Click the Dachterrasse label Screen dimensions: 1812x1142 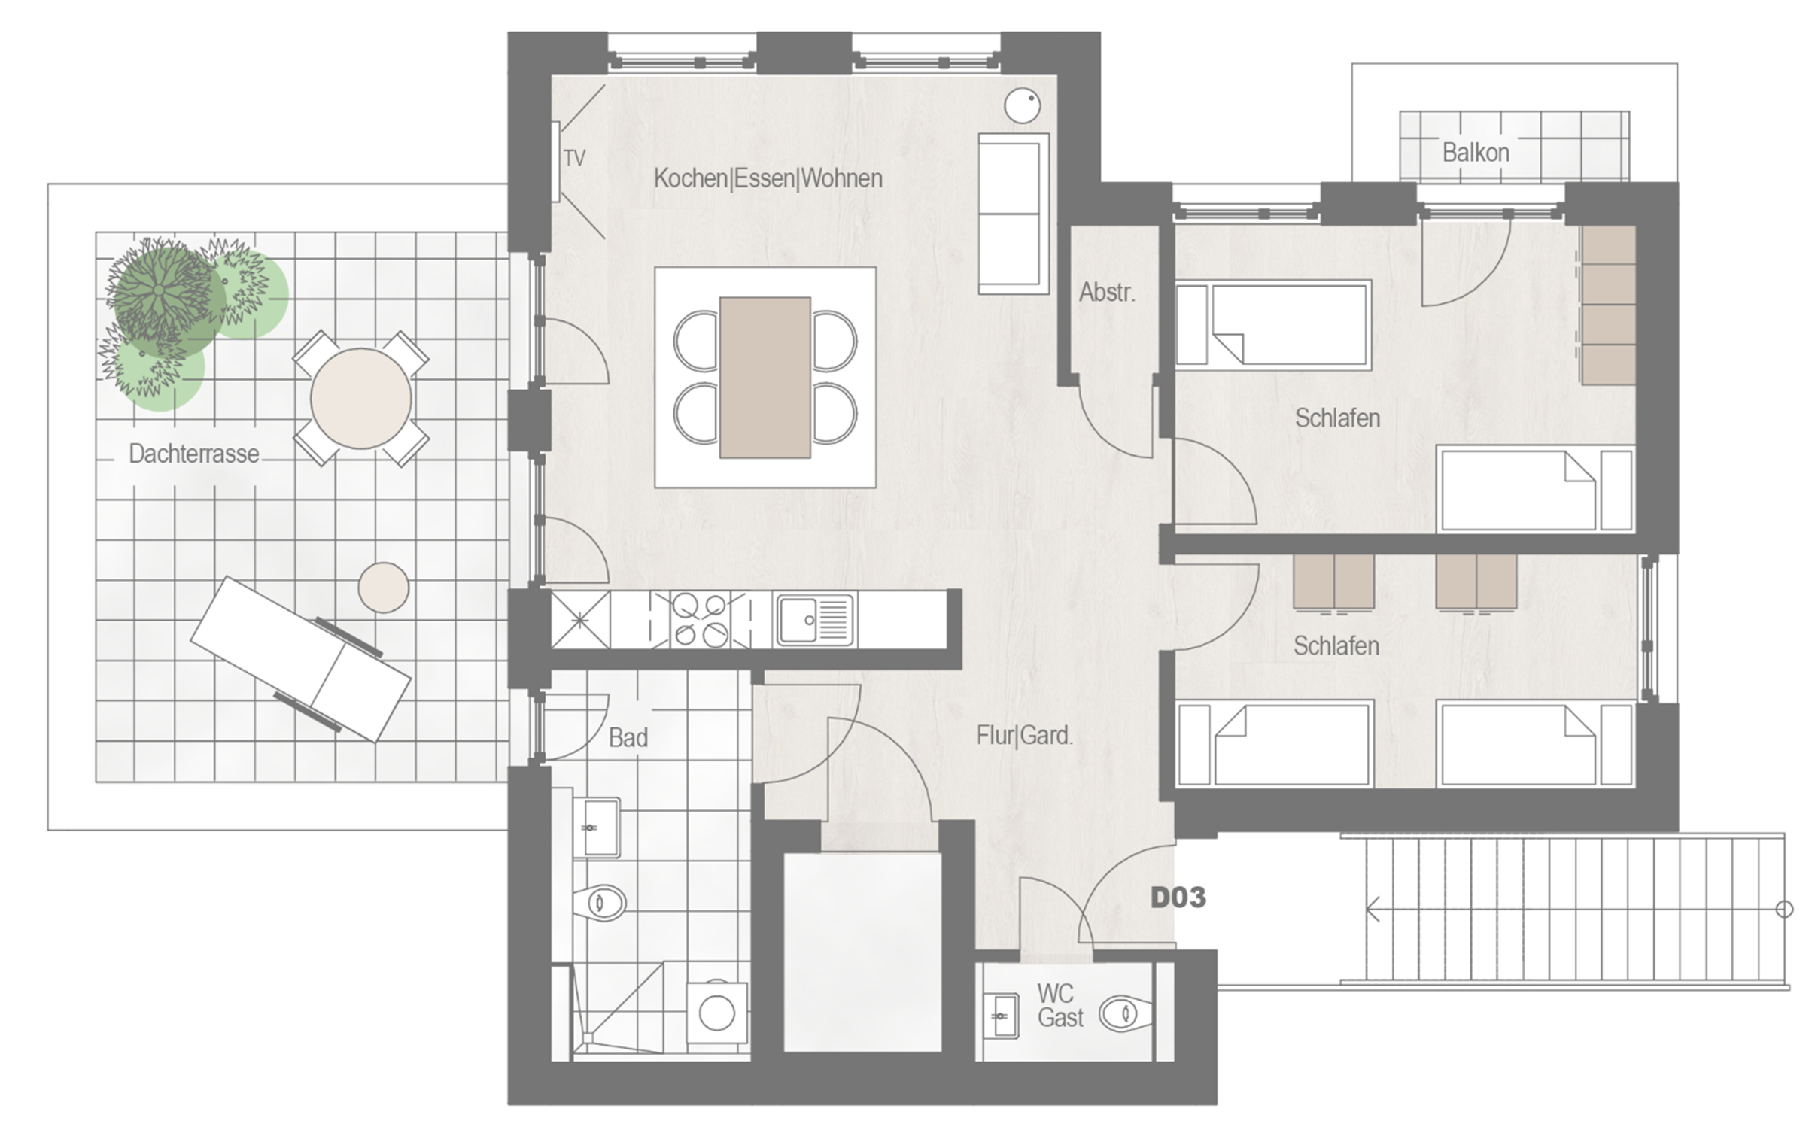194,454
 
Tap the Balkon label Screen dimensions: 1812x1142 1476,153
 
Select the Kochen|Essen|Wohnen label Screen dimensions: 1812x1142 768,178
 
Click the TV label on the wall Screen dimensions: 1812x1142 574,158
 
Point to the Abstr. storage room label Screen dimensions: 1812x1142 1107,292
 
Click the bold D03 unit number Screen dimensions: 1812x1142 1178,898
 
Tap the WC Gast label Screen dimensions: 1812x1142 1060,1005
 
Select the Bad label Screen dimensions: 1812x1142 628,737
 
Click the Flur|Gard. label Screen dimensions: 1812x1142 1024,735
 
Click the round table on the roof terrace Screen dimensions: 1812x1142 361,398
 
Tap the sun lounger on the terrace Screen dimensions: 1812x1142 300,659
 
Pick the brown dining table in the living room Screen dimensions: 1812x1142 765,377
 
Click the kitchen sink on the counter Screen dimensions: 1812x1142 815,620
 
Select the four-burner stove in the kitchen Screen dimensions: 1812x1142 701,620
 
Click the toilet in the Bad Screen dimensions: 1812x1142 600,902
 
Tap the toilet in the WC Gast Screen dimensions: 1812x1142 1125,1013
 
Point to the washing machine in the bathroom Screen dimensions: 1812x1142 716,1013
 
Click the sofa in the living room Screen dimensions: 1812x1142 1014,214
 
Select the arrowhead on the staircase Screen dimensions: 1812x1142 1373,909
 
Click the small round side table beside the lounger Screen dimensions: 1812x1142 384,588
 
